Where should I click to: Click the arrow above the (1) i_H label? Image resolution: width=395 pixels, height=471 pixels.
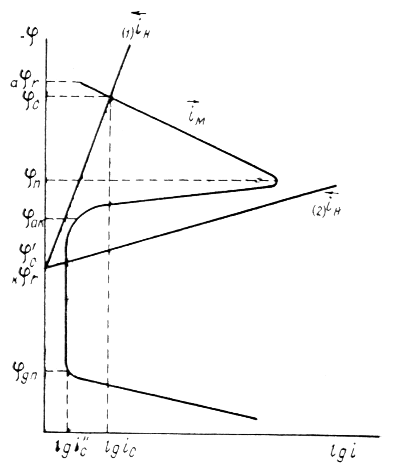pyautogui.click(x=139, y=13)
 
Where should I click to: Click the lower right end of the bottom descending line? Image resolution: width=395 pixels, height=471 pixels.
pyautogui.click(x=256, y=419)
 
